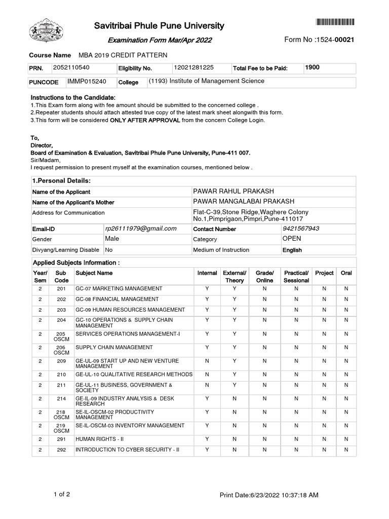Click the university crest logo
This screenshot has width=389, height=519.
tap(48, 31)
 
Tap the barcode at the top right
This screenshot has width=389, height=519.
tap(335, 22)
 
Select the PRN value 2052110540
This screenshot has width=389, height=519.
tap(74, 67)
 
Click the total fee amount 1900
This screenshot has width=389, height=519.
tap(313, 67)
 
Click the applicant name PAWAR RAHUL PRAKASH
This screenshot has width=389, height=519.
tap(234, 191)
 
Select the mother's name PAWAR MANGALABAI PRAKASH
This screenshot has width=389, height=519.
tap(244, 202)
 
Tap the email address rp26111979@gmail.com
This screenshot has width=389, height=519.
tap(141, 229)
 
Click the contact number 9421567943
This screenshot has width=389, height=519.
tap(301, 229)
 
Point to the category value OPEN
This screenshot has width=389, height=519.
tap(292, 239)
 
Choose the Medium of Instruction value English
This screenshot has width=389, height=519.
tap(292, 250)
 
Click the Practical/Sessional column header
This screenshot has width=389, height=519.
tap(296, 276)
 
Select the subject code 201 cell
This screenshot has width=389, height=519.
tap(61, 288)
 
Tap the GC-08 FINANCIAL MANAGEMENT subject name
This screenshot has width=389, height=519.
tap(117, 299)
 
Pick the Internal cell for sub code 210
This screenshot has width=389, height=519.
tap(207, 375)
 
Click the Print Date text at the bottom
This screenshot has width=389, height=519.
tap(269, 495)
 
